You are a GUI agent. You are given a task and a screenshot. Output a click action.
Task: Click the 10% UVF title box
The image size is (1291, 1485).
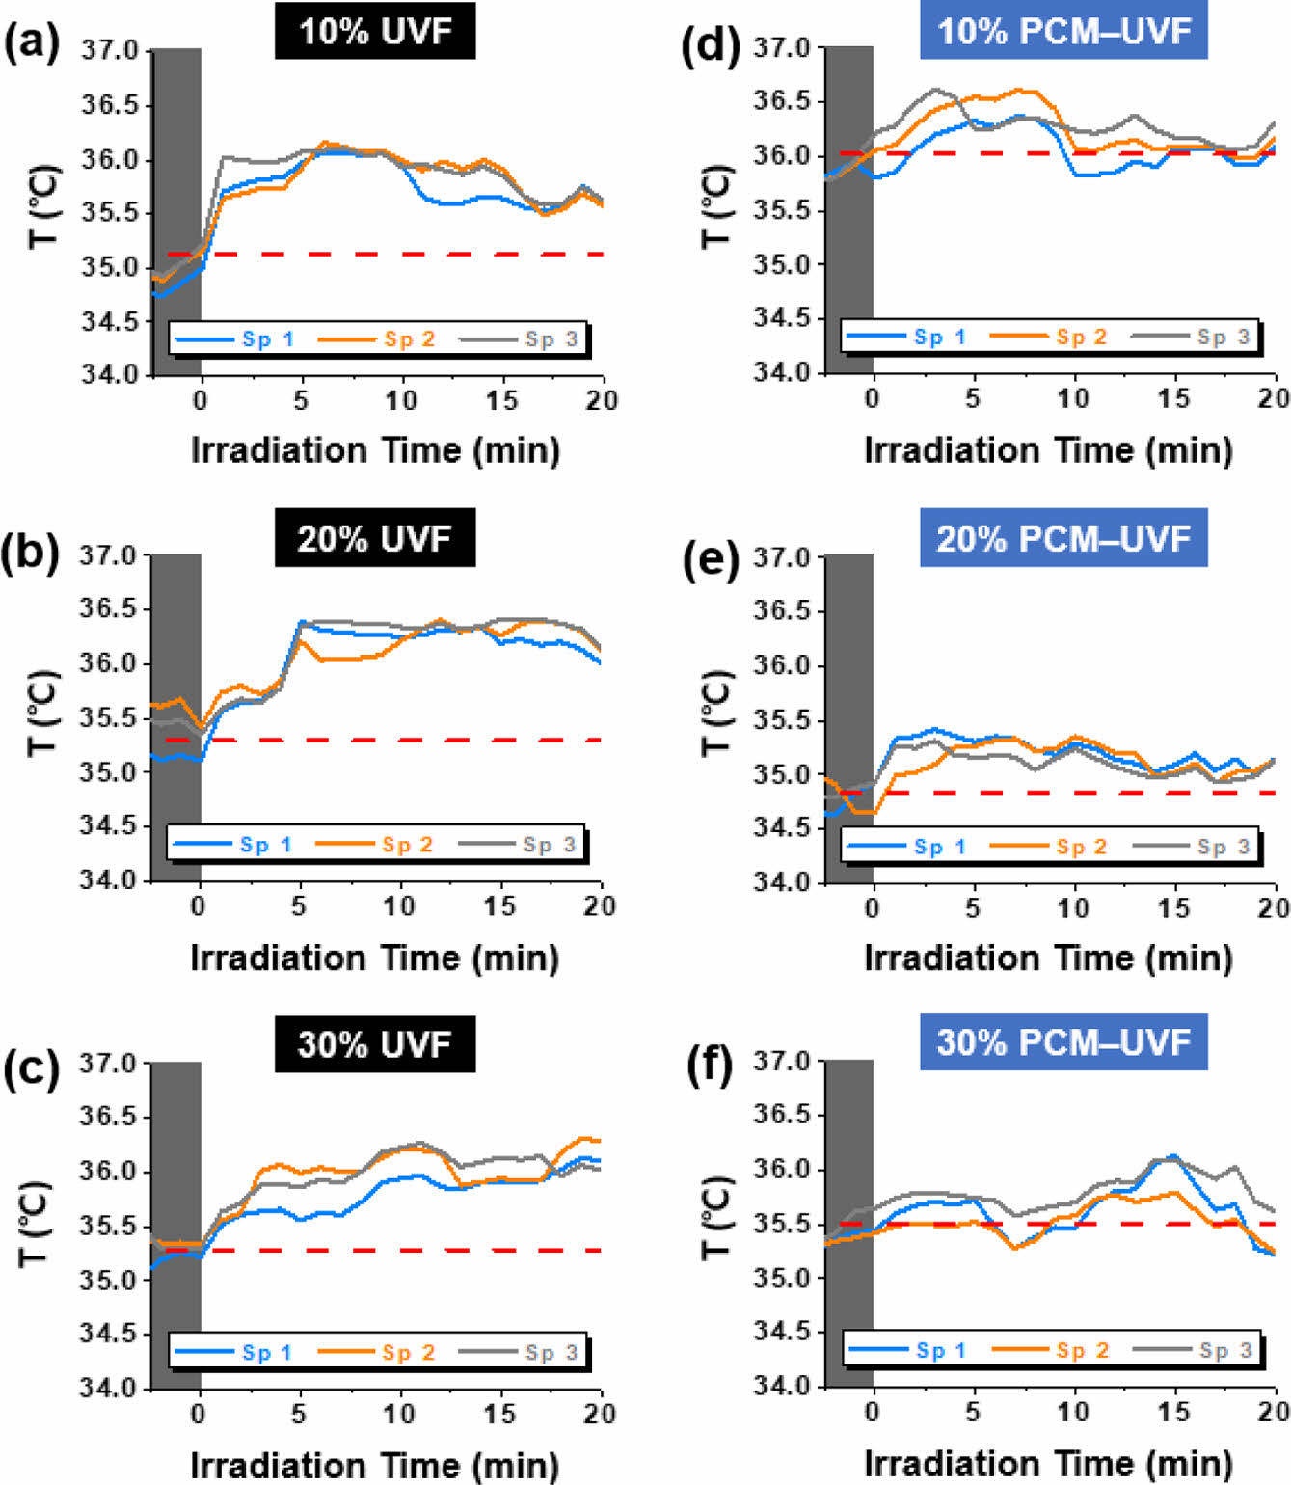375,32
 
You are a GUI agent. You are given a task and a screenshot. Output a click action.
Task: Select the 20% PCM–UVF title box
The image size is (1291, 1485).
1063,538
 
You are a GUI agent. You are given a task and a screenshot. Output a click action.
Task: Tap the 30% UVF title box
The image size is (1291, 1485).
375,1044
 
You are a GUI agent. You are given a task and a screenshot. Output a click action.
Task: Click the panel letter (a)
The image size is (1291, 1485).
31,43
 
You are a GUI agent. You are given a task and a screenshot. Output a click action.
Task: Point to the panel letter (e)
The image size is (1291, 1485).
710,560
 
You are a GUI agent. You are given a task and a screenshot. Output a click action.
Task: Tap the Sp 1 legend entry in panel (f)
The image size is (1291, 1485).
907,1351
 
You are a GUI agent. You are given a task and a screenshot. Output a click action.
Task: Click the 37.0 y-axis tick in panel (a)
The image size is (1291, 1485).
109,50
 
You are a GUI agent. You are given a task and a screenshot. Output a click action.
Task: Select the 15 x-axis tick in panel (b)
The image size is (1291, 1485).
499,906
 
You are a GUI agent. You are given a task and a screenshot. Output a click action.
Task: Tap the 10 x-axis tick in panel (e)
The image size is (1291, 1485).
1073,908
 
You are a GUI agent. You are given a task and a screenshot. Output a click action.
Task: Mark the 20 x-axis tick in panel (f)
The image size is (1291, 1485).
1274,1413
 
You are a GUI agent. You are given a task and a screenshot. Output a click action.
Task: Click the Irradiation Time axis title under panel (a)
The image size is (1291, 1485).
375,450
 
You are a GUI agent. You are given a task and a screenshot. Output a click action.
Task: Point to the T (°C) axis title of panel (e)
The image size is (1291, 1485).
715,714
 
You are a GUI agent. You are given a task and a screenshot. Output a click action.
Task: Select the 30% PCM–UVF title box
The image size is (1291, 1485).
1063,1042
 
